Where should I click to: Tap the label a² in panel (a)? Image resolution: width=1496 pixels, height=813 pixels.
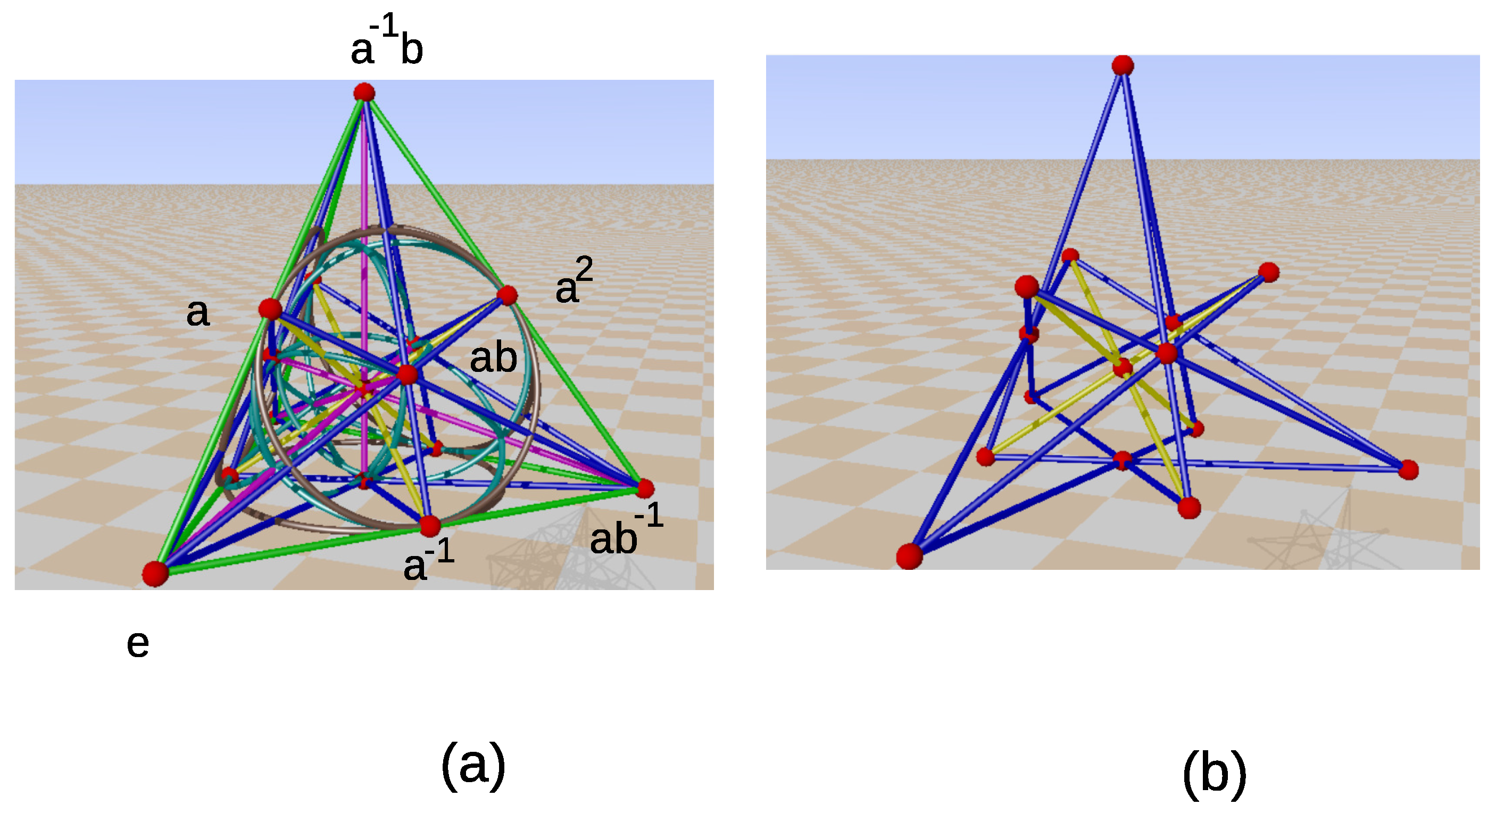[574, 282]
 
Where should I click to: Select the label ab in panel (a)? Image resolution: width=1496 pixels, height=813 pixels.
[493, 358]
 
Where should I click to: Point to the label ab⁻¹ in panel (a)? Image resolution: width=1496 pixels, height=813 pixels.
[626, 532]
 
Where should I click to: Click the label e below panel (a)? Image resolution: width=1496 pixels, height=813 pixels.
[138, 644]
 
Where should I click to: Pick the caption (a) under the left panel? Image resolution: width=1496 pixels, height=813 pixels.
[473, 766]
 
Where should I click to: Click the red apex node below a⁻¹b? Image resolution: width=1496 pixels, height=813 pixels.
[364, 93]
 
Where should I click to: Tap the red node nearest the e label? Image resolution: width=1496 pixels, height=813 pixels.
[155, 574]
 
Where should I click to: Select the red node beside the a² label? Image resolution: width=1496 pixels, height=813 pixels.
[507, 295]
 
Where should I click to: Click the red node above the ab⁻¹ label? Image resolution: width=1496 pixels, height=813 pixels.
[645, 488]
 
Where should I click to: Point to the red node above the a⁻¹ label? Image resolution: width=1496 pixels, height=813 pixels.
[430, 526]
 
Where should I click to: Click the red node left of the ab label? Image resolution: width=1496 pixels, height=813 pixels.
[407, 375]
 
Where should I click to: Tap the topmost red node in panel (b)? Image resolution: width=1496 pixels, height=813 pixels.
[1123, 65]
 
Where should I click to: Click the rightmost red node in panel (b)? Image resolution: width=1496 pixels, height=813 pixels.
[1408, 469]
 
